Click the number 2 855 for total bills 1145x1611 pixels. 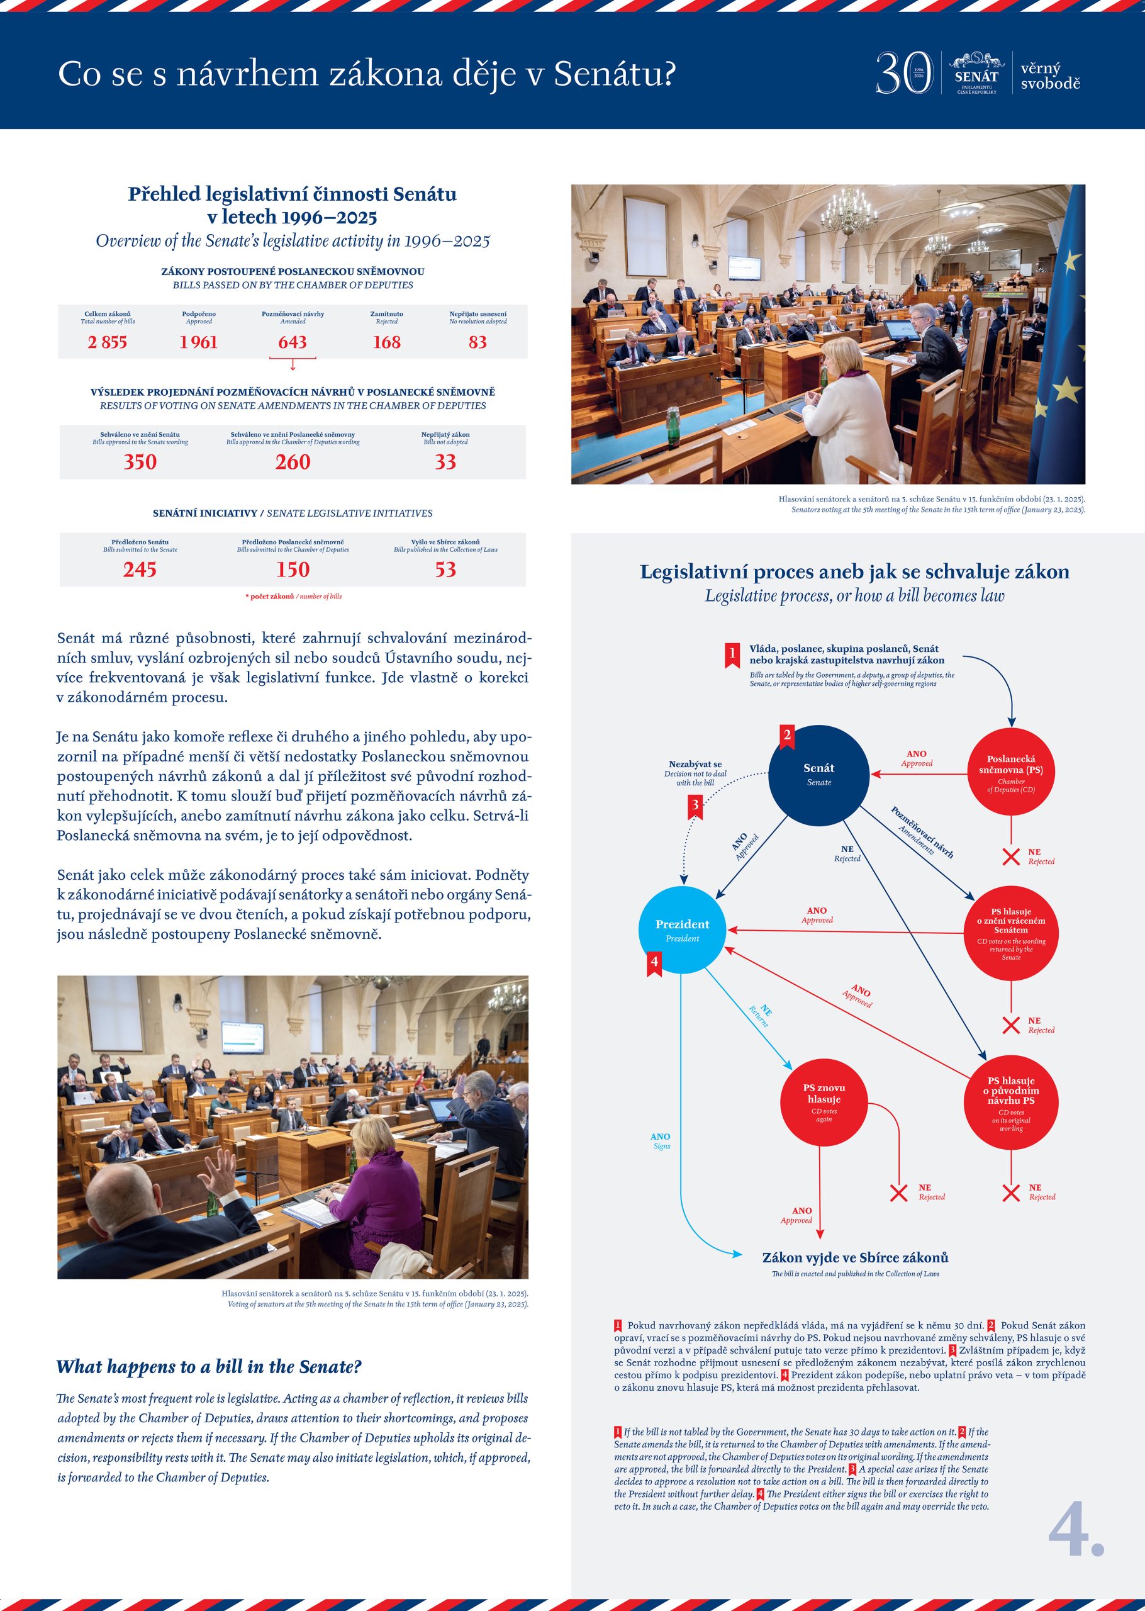pos(107,342)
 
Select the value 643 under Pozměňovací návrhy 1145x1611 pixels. pos(292,342)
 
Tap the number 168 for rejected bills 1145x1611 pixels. pos(386,342)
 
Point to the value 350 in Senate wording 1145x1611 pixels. pos(140,463)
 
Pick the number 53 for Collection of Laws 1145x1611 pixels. pos(445,570)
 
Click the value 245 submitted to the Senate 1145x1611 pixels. pos(140,570)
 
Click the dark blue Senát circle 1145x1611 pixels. pos(818,775)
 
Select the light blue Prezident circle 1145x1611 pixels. pos(682,930)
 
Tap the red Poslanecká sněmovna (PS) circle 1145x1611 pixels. pos(1010,773)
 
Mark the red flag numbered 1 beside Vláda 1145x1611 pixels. pos(732,654)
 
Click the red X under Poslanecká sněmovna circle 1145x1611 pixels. pos(1010,856)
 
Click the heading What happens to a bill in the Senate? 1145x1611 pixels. pos(209,1367)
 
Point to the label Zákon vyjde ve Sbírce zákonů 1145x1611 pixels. pos(854,1258)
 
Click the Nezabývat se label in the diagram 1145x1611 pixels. pos(695,764)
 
